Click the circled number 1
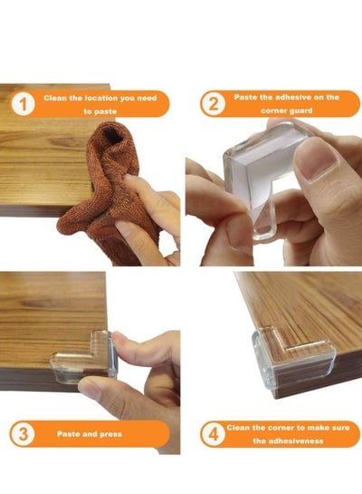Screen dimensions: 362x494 [x=23, y=103]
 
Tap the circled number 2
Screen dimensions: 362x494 [x=214, y=103]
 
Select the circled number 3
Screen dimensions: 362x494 [x=23, y=434]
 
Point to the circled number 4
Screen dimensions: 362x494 [x=214, y=434]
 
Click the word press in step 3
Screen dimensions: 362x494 [x=110, y=434]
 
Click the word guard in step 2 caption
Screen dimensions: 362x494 [x=301, y=111]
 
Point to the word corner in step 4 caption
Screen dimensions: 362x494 [x=281, y=428]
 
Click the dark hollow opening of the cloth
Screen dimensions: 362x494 [x=112, y=134]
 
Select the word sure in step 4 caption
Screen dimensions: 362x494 [x=341, y=428]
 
